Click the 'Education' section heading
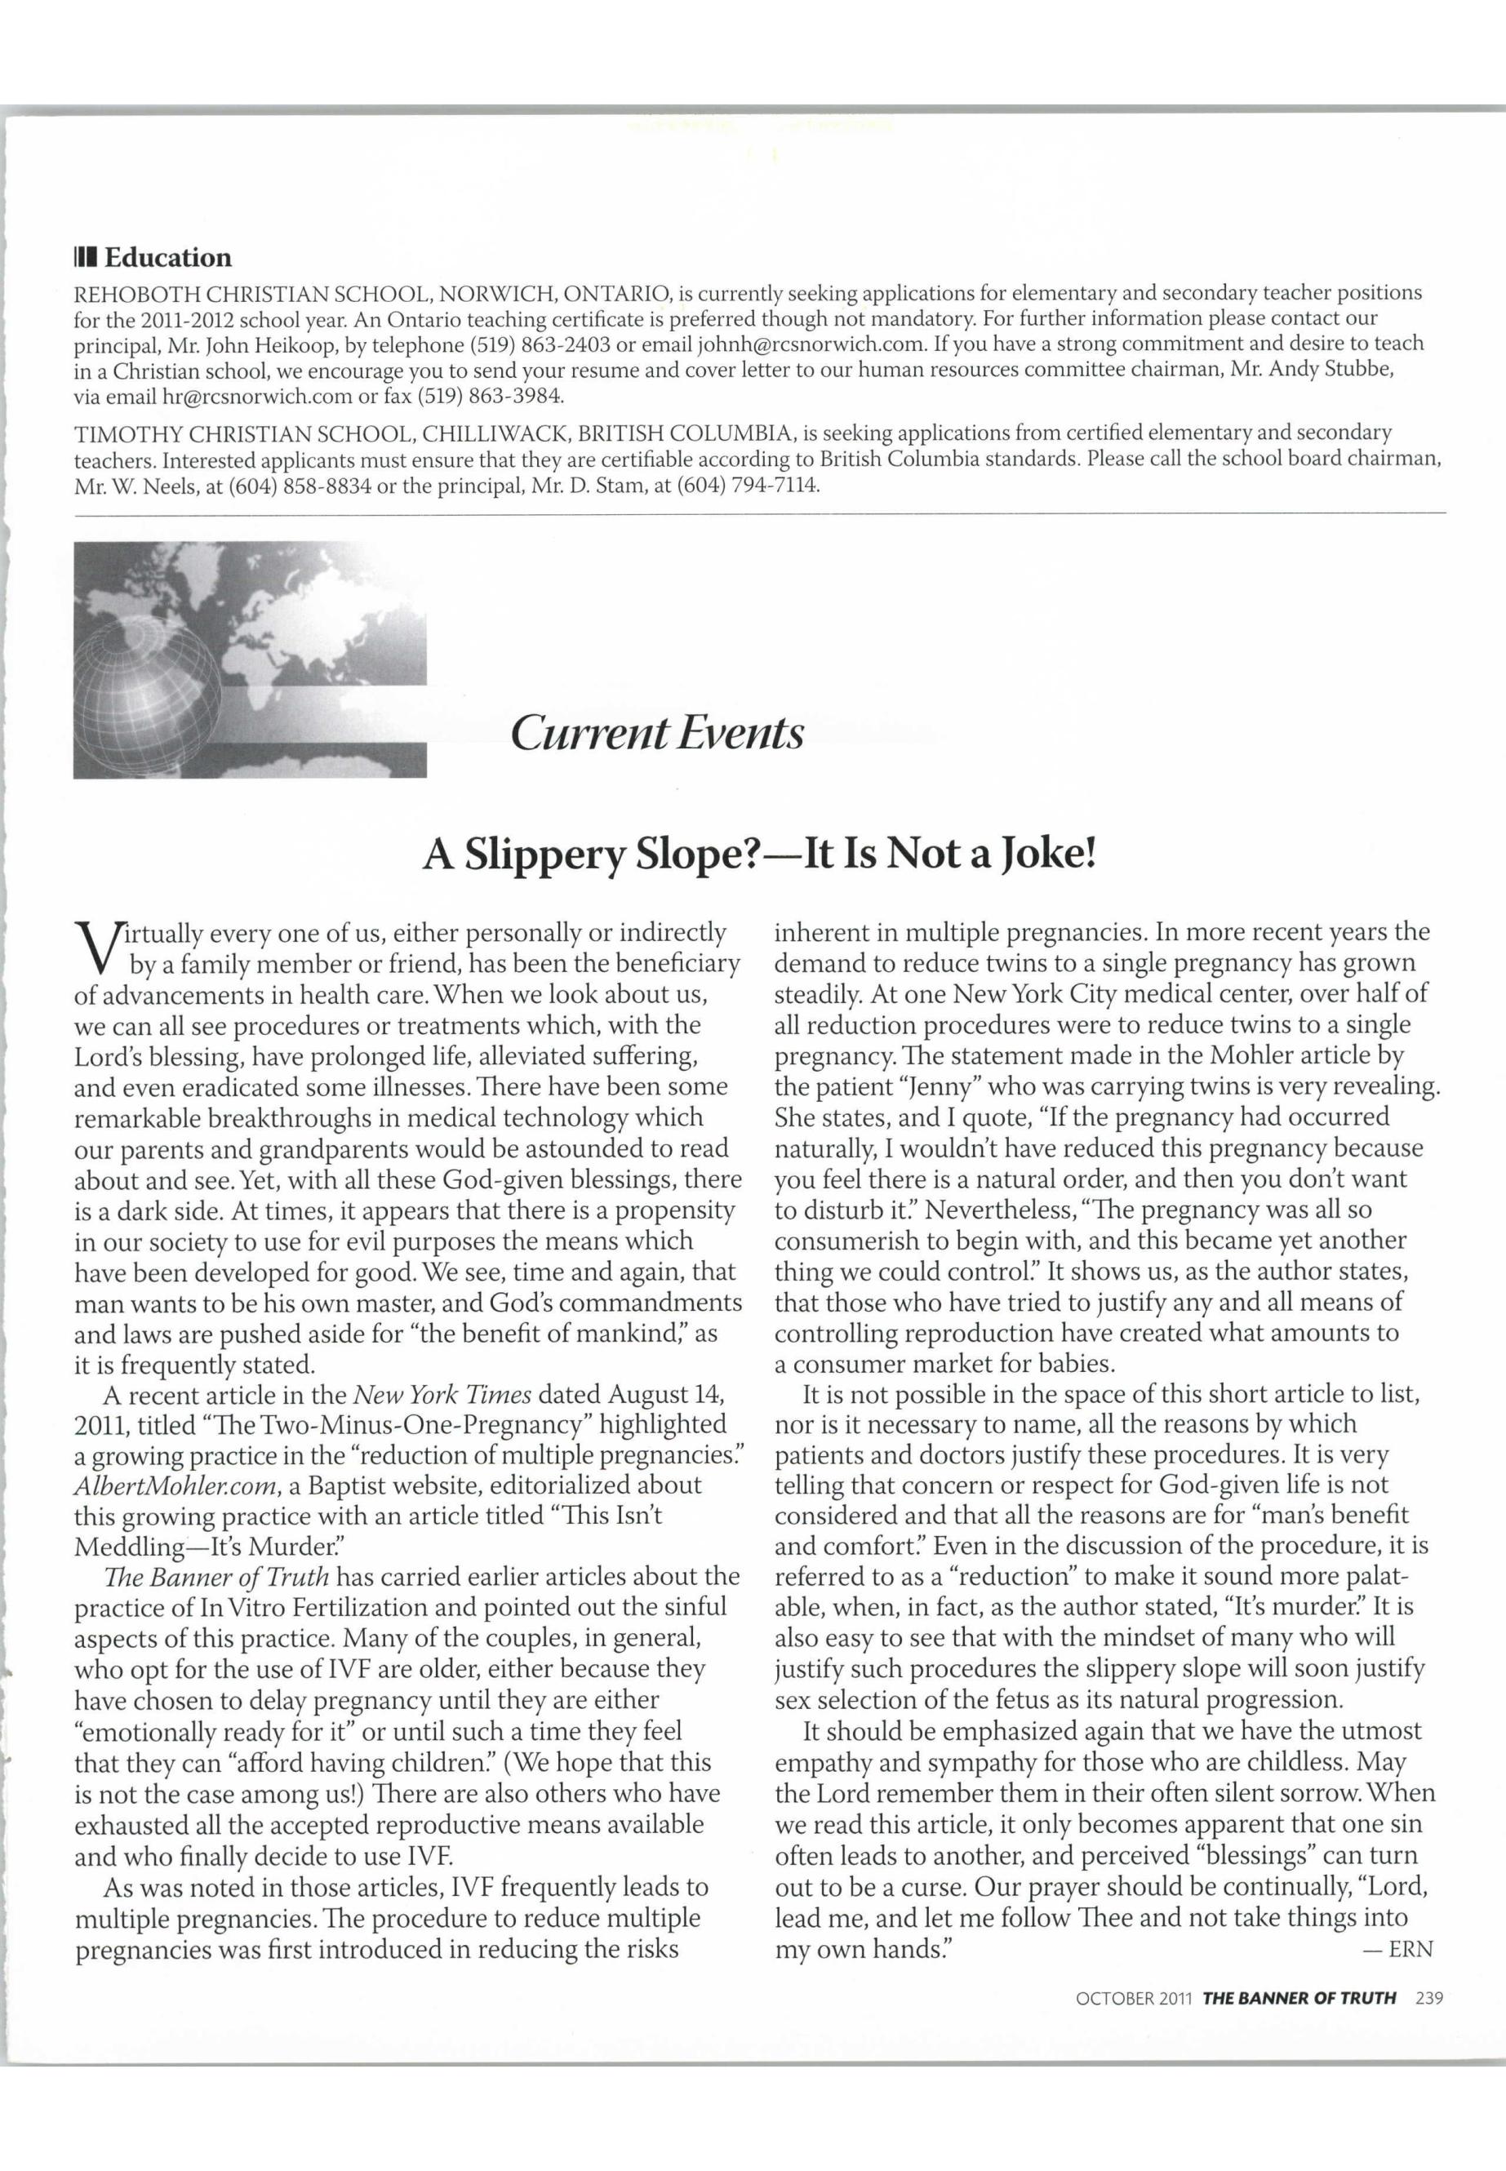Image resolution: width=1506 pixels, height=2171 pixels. tap(167, 258)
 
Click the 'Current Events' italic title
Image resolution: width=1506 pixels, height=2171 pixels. tap(657, 733)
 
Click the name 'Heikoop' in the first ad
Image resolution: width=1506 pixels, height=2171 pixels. tap(298, 344)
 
